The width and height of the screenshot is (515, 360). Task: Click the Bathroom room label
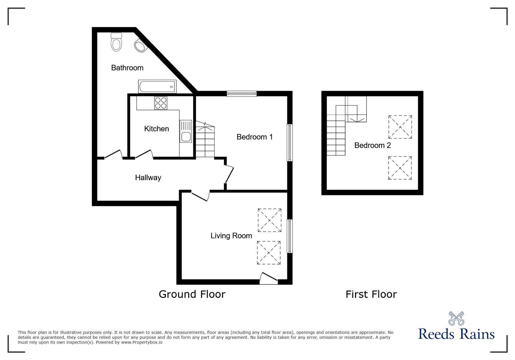coord(127,68)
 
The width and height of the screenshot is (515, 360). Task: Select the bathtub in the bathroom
coord(157,86)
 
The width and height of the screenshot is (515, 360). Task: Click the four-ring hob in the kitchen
coord(161,103)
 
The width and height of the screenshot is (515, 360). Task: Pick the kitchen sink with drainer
coord(186,131)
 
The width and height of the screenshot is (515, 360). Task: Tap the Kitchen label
coord(156,129)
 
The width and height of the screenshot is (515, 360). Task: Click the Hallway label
coord(148,178)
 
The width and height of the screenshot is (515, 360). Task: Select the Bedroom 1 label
coord(254,137)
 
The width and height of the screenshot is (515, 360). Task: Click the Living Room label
coord(231,236)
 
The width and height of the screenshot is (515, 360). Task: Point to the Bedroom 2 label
coord(372,145)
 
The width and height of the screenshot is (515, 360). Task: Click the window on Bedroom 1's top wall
coord(241,94)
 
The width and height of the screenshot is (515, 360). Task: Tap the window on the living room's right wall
coord(290,236)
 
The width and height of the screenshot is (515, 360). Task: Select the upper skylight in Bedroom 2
coord(400,127)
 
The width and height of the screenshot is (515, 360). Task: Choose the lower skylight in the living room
coord(269,253)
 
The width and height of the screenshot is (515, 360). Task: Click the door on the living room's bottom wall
coord(269,279)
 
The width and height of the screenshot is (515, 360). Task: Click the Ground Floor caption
coord(192,294)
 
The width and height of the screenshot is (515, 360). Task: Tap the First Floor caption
coord(371,294)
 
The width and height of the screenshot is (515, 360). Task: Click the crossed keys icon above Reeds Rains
coord(456,318)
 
